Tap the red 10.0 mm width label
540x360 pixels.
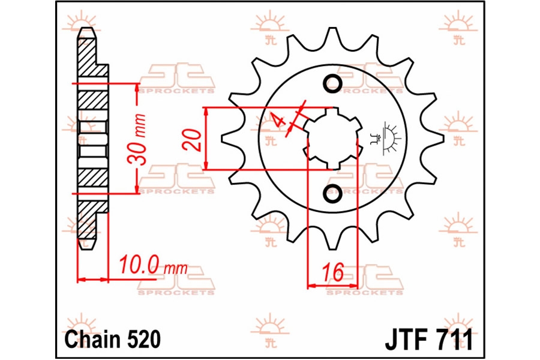pyautogui.click(x=153, y=266)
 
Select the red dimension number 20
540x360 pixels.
pyautogui.click(x=194, y=140)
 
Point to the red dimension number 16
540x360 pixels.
pyautogui.click(x=333, y=272)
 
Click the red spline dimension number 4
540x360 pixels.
pyautogui.click(x=278, y=120)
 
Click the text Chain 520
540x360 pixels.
pyautogui.click(x=112, y=340)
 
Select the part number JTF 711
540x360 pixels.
pyautogui.click(x=429, y=340)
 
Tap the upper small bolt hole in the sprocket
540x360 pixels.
pyautogui.click(x=332, y=83)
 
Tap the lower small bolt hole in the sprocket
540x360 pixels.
pyautogui.click(x=332, y=194)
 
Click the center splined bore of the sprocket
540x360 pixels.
pyautogui.click(x=332, y=139)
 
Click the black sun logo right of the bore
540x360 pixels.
pyautogui.click(x=385, y=138)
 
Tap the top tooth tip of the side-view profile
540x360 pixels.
pyautogui.click(x=86, y=28)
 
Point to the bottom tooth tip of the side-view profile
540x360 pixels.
pyautogui.click(x=86, y=248)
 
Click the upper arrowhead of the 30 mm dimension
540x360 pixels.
pyautogui.click(x=137, y=88)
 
